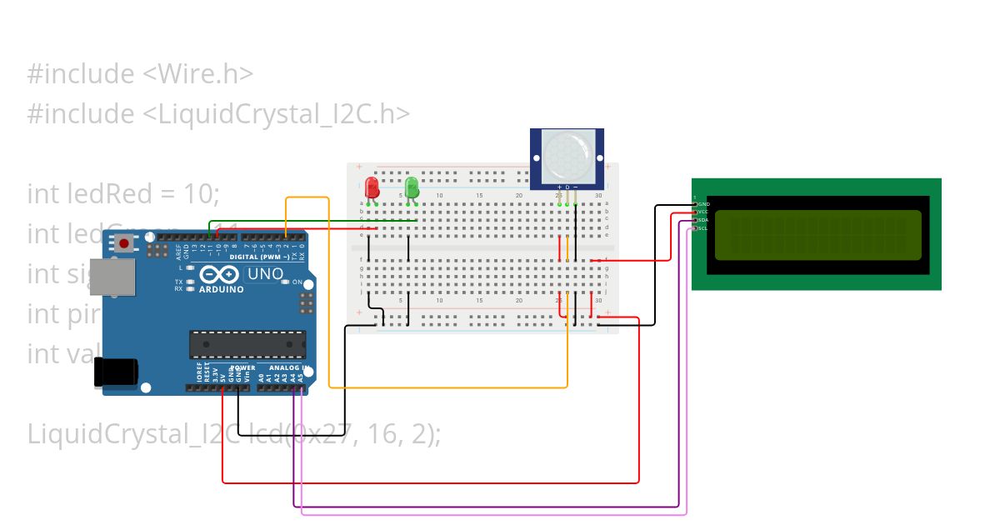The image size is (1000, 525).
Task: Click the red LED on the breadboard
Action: (x=372, y=186)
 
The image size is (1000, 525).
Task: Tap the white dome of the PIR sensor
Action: (x=567, y=153)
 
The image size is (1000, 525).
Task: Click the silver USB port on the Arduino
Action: (x=111, y=277)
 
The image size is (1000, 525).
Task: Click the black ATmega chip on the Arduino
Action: (x=247, y=344)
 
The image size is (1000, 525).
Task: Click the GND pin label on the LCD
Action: (x=703, y=204)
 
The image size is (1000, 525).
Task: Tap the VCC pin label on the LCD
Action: (x=703, y=212)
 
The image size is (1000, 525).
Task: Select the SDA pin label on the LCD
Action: (x=703, y=220)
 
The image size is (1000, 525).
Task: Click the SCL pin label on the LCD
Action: (x=703, y=228)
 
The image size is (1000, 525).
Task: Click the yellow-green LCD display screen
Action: (x=817, y=234)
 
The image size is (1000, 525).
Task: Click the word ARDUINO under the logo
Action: (x=221, y=290)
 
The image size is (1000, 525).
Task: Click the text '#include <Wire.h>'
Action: (x=140, y=74)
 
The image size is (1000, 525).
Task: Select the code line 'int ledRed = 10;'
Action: (x=123, y=194)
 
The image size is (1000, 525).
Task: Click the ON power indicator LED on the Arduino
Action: (x=286, y=282)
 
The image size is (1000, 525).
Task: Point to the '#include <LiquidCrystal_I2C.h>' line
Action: (x=218, y=114)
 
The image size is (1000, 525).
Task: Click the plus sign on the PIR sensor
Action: (x=559, y=187)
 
